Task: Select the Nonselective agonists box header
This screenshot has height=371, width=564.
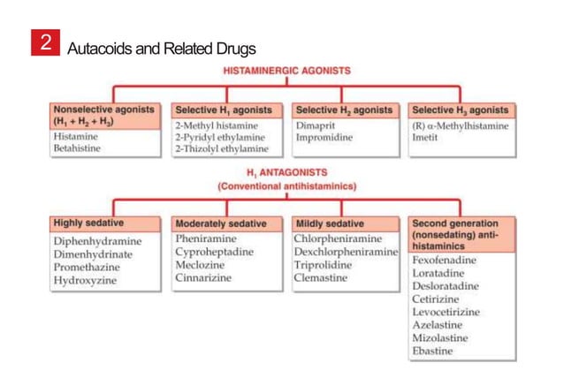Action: click(103, 116)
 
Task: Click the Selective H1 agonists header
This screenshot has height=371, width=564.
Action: click(223, 110)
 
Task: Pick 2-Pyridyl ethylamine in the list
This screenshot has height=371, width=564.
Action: click(219, 138)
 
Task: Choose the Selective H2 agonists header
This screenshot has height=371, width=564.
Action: click(344, 110)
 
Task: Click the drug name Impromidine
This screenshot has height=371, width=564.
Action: click(324, 138)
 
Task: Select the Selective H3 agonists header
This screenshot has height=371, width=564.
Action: click(461, 110)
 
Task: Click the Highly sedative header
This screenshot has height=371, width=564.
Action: click(88, 223)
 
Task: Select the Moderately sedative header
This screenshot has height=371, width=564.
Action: click(220, 224)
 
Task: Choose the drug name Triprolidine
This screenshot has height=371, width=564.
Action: click(323, 265)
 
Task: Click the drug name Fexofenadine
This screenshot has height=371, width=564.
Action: click(445, 261)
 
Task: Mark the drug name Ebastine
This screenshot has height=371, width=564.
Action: click(432, 352)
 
